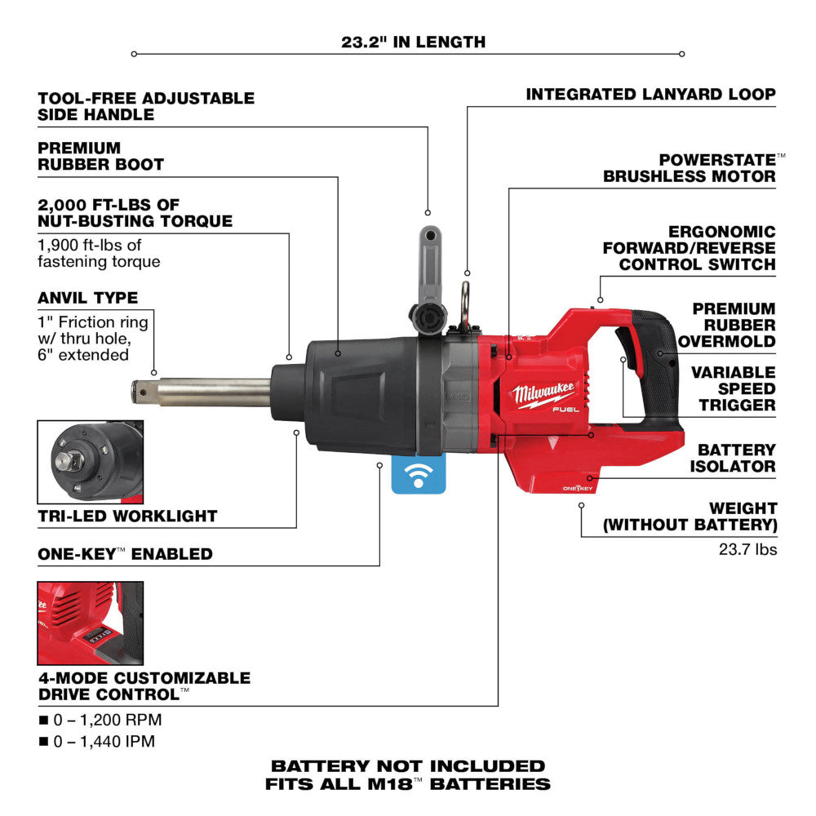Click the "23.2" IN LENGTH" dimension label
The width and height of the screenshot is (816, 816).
pos(413,42)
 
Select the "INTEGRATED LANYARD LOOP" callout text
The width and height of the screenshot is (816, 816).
pos(650,95)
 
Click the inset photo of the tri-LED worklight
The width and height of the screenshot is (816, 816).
pos(90,463)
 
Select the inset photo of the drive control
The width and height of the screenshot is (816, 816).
pos(90,623)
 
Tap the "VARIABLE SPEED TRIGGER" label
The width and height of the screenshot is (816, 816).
pos(733,388)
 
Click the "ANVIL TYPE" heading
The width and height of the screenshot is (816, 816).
pos(87,298)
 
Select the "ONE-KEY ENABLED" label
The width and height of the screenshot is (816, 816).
pos(125,554)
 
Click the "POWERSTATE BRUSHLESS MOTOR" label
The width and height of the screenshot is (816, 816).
pos(689,167)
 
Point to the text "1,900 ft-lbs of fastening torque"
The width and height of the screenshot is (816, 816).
pos(99,253)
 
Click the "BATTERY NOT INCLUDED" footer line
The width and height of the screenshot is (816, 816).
pos(408,766)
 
